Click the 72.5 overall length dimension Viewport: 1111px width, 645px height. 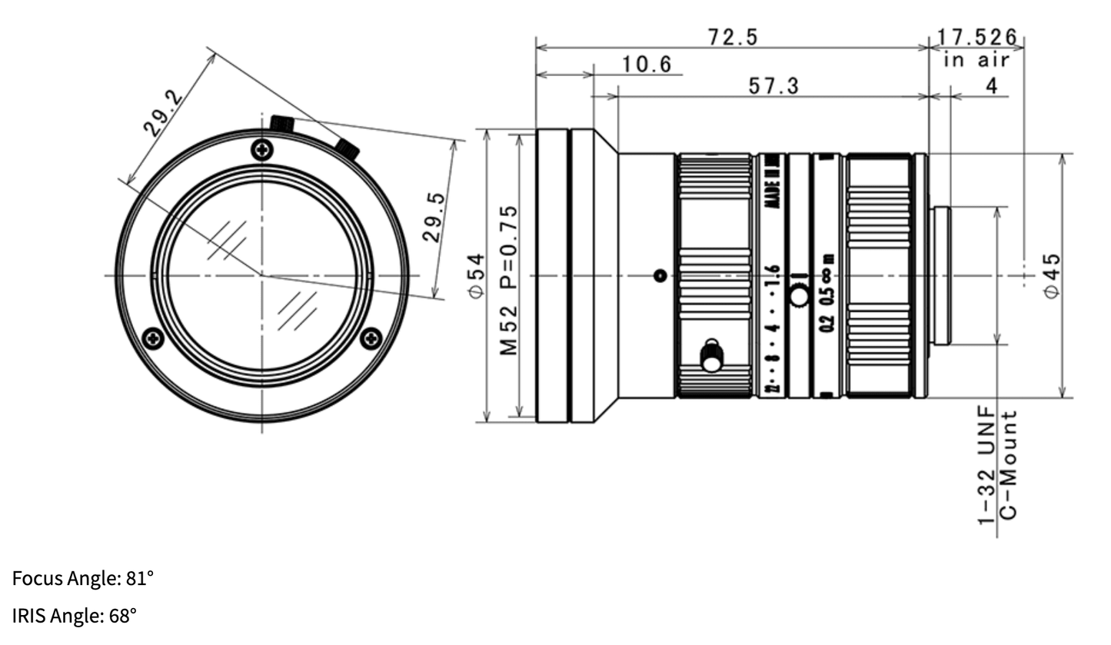[x=732, y=36]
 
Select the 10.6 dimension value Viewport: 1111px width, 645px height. [x=647, y=64]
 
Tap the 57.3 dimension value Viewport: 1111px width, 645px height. [x=773, y=85]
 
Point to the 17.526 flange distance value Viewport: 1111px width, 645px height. [x=976, y=37]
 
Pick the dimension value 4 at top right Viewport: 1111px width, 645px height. [x=991, y=85]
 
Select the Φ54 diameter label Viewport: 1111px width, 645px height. [x=477, y=276]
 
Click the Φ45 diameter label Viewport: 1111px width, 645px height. [x=1051, y=275]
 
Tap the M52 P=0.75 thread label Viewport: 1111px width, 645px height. [x=509, y=280]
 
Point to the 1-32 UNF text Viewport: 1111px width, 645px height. [x=987, y=467]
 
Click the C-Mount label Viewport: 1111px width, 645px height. [x=1010, y=464]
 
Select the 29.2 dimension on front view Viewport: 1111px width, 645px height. [x=163, y=114]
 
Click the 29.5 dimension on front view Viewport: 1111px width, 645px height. [x=433, y=218]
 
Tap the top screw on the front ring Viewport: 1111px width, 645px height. [x=262, y=150]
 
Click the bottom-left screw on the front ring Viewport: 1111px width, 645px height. [x=154, y=337]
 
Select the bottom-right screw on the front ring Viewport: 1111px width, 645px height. [x=371, y=337]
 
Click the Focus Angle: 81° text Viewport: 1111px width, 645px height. [x=83, y=578]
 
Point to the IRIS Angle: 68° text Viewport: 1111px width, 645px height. [x=75, y=616]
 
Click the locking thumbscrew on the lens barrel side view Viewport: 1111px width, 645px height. [x=712, y=357]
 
